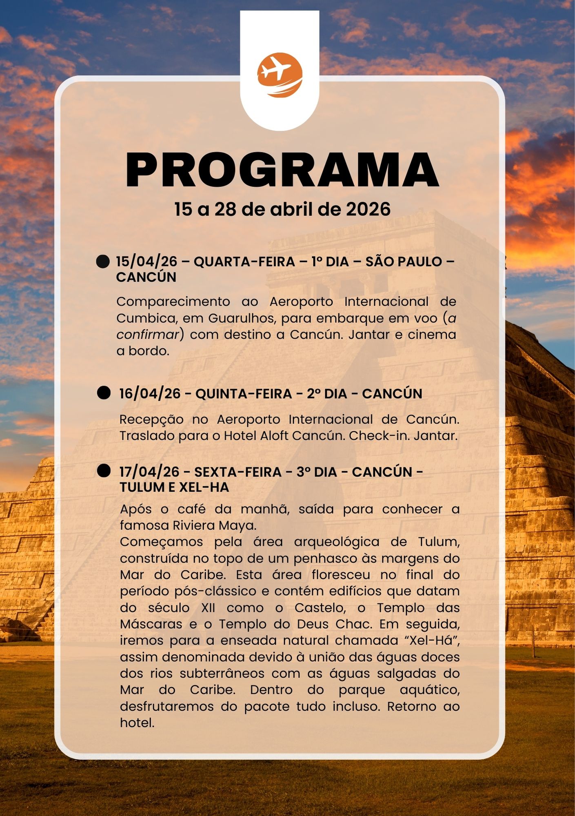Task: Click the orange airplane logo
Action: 280,75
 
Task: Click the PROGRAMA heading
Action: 282,170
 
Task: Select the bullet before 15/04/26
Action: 103,262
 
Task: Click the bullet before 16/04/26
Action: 104,393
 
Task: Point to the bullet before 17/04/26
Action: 104,471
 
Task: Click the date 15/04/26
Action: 147,262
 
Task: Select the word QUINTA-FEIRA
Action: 244,394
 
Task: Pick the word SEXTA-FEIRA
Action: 238,472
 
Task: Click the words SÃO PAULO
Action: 404,262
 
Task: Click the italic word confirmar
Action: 148,335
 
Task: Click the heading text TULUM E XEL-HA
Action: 174,487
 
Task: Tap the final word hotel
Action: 137,723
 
